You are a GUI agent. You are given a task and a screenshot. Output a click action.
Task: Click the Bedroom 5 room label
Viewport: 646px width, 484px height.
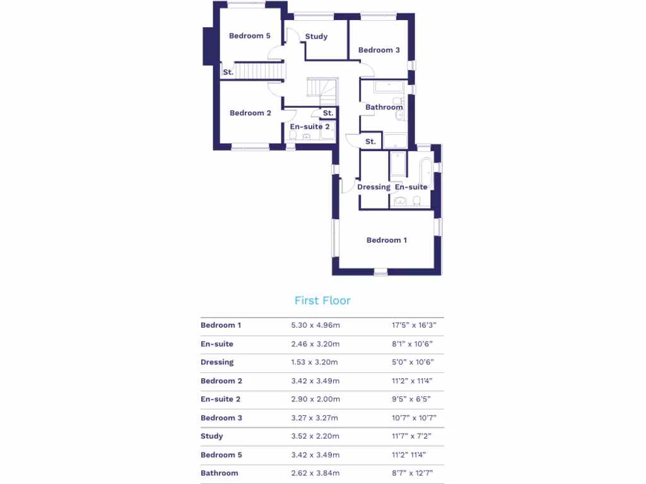[x=250, y=36]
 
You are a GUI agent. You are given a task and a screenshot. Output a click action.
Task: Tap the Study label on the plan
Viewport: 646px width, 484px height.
[x=316, y=37]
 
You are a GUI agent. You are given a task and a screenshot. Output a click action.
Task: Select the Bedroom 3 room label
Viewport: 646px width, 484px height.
[x=379, y=50]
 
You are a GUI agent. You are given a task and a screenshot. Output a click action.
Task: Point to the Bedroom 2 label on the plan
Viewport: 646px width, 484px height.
[x=250, y=113]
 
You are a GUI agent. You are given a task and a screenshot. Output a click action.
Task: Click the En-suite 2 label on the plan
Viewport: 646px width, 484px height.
[x=310, y=127]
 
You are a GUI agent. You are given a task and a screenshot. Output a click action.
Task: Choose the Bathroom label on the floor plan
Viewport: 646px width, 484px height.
[x=384, y=107]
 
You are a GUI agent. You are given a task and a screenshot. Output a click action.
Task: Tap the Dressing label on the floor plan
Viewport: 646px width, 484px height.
[x=374, y=187]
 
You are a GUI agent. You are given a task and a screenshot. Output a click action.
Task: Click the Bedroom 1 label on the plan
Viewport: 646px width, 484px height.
[x=387, y=240]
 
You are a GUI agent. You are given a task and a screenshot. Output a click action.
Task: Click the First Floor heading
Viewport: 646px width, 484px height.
[x=322, y=301]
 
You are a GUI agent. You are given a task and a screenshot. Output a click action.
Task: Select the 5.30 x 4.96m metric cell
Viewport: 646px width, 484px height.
[x=315, y=326]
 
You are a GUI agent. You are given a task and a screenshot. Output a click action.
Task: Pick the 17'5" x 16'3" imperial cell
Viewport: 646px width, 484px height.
[x=413, y=326]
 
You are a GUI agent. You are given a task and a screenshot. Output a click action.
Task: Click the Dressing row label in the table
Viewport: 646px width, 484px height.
[x=217, y=362]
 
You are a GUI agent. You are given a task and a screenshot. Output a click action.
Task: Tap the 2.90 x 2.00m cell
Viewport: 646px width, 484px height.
[x=315, y=400]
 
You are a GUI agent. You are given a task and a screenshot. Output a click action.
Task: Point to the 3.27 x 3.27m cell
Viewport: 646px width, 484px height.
[x=315, y=418]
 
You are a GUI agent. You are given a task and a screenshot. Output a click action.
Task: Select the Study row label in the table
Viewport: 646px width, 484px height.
[x=212, y=436]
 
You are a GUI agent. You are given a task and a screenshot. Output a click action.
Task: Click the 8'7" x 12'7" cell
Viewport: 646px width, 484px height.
[x=413, y=473]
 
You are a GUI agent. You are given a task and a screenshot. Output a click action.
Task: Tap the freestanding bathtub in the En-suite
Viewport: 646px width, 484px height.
[x=426, y=170]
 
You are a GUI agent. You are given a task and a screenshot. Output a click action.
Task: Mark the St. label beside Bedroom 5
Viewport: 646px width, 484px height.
[x=228, y=72]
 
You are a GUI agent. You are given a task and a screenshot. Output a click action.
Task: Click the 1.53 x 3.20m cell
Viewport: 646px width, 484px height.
[x=315, y=362]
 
